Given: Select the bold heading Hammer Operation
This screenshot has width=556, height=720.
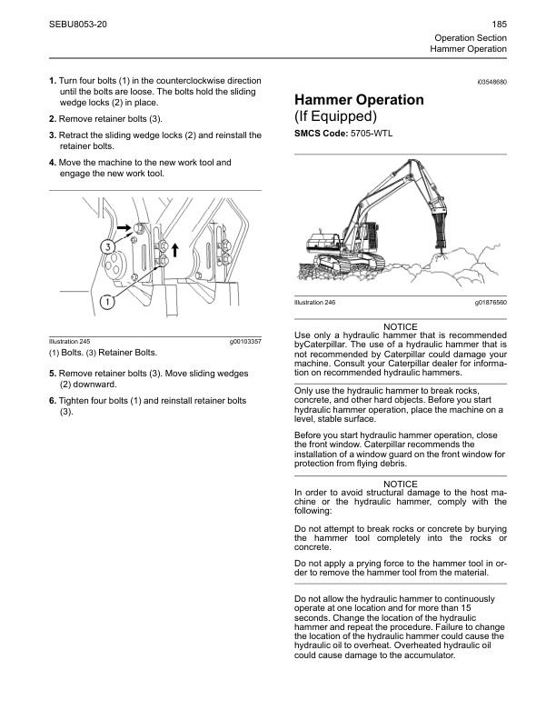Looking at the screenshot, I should click(x=359, y=100).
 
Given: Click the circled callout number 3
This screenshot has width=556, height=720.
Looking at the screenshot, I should click(x=108, y=246).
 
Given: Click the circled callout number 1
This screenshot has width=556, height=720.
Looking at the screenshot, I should click(x=106, y=300).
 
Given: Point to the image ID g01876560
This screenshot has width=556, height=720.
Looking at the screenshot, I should click(x=491, y=302).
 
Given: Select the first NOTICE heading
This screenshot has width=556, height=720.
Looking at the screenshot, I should click(x=401, y=326).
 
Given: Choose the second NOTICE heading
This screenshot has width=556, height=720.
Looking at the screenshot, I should click(x=401, y=484).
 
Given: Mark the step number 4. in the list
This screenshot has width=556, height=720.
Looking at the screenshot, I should click(x=53, y=163).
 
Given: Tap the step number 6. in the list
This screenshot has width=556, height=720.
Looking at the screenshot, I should click(x=53, y=401).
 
